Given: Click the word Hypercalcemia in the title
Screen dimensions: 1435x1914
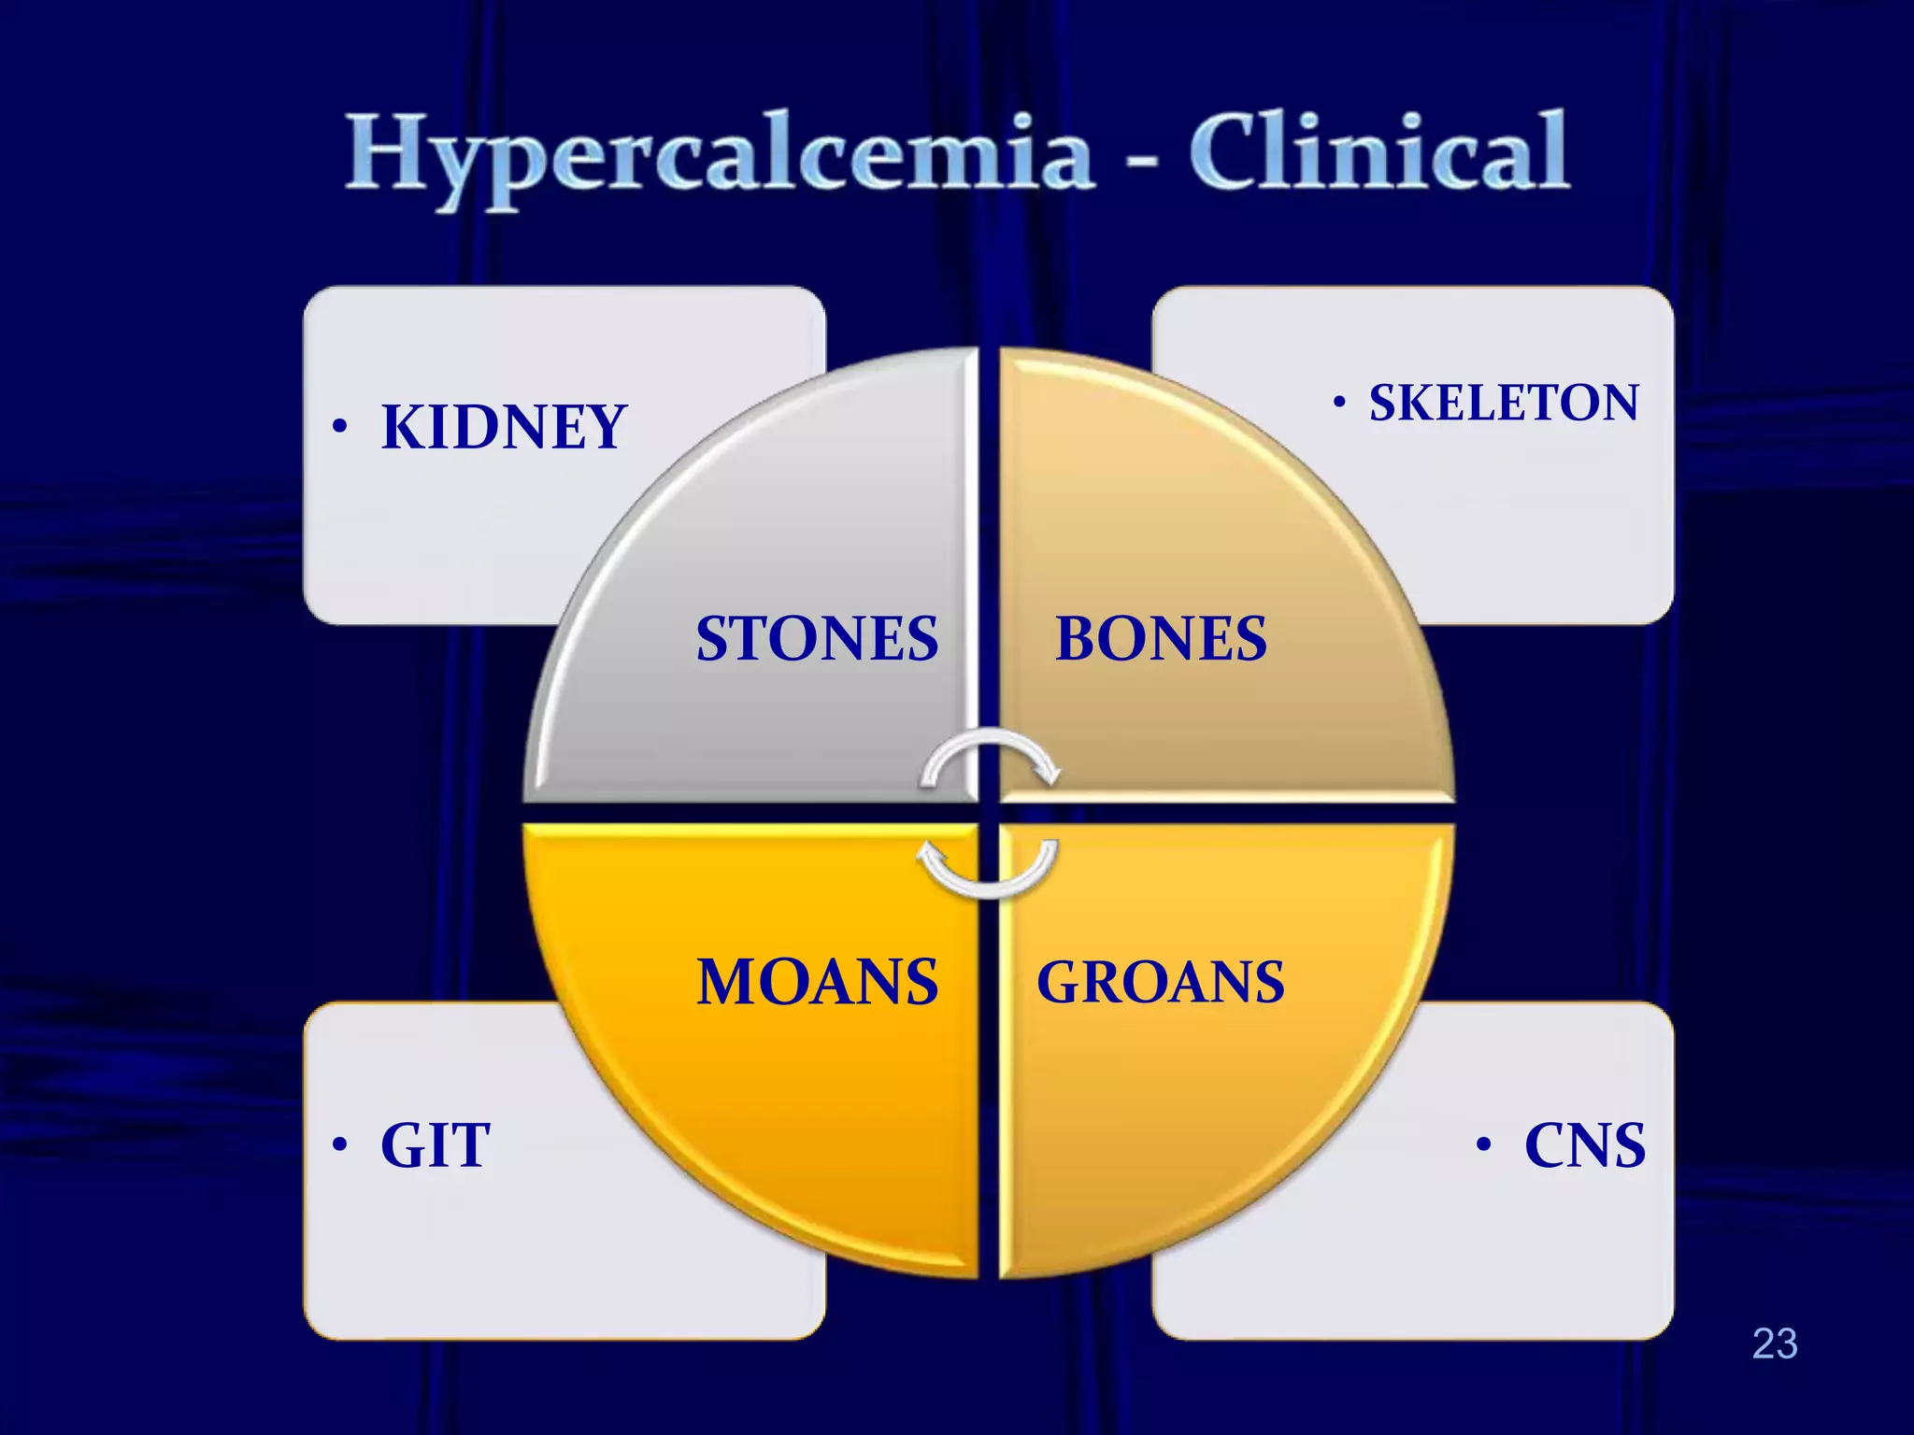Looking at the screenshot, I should (x=720, y=154).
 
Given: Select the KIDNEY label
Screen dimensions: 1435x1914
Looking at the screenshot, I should (x=504, y=428).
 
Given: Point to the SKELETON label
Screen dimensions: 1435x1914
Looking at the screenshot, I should (x=1504, y=403).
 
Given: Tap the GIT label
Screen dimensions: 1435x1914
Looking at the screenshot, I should (x=436, y=1145).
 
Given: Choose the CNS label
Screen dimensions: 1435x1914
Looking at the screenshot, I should (x=1585, y=1145).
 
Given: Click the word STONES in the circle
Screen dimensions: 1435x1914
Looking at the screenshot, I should (x=817, y=639).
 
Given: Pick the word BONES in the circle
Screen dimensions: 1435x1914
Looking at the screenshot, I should (x=1161, y=639).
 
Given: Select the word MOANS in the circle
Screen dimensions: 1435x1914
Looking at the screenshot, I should (x=817, y=982).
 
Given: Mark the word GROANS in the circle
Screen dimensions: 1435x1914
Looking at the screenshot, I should (x=1161, y=982).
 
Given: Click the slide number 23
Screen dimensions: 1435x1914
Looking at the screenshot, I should (x=1775, y=1343).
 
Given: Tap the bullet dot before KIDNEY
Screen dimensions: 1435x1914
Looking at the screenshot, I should (x=340, y=428).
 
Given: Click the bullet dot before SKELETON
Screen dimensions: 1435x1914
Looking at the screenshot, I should (x=1340, y=403).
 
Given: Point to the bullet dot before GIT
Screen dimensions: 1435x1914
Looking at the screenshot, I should (x=340, y=1145).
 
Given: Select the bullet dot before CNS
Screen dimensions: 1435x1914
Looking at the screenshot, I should (x=1484, y=1145).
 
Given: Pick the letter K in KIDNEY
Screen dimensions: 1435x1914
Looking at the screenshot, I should (x=403, y=428).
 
